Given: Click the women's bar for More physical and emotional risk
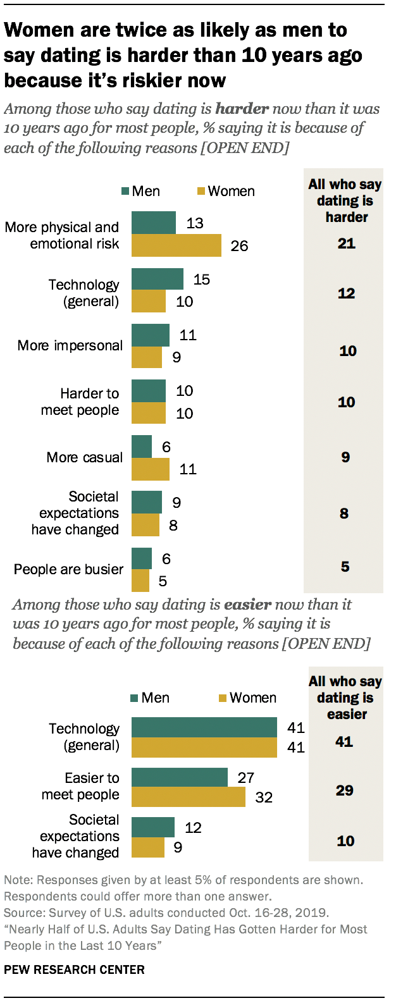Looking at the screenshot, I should [176, 245].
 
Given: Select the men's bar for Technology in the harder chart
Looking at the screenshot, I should [157, 279].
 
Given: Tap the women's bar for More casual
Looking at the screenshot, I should [150, 469].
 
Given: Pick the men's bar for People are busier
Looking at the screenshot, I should [141, 558].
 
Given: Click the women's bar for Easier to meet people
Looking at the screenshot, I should [188, 797].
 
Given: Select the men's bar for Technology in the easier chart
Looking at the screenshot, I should [204, 728].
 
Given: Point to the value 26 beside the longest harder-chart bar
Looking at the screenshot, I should [239, 246].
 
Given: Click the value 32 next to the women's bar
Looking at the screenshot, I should [263, 797].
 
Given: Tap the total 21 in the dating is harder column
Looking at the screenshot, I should [346, 243].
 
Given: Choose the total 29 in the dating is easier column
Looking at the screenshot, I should [345, 791].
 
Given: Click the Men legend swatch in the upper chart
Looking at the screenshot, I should [125, 192].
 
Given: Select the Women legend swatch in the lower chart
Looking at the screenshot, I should [222, 698].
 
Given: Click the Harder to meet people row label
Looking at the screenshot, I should [80, 402].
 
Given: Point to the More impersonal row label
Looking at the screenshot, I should [70, 346].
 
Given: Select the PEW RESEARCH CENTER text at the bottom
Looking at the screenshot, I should [74, 969].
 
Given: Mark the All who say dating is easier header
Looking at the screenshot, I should [345, 698].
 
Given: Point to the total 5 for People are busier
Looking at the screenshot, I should [345, 567].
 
